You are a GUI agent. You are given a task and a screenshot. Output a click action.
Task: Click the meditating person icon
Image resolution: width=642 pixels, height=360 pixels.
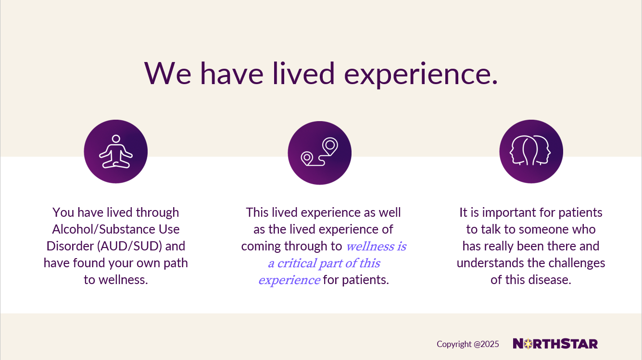click(116, 151)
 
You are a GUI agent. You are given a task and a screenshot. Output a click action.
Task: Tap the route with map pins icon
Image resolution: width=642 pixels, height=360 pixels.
click(320, 152)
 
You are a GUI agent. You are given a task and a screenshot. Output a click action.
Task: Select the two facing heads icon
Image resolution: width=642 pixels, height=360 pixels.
click(530, 150)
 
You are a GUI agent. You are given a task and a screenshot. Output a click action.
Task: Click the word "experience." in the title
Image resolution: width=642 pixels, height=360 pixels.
click(421, 74)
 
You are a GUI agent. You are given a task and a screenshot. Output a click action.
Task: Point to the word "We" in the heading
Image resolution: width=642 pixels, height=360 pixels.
click(168, 74)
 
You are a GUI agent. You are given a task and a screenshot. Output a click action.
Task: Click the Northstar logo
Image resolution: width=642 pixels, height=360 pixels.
click(555, 344)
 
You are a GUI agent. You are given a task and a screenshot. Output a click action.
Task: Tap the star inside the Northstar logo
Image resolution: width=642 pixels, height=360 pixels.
click(528, 344)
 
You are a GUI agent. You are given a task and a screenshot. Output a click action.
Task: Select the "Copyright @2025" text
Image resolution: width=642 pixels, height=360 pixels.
click(468, 344)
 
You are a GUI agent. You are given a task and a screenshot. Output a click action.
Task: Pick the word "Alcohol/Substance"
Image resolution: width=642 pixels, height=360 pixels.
click(100, 229)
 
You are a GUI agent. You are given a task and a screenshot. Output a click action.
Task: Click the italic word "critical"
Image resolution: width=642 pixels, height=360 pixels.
click(297, 263)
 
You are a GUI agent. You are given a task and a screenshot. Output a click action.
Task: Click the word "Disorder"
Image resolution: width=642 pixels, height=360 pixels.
click(70, 246)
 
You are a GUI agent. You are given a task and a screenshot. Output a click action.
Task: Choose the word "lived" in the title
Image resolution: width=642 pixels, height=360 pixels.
click(303, 74)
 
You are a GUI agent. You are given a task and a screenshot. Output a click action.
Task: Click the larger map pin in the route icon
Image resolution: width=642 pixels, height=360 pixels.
click(330, 146)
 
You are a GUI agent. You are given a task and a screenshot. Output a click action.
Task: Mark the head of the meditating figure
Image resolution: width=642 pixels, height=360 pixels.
click(116, 139)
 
